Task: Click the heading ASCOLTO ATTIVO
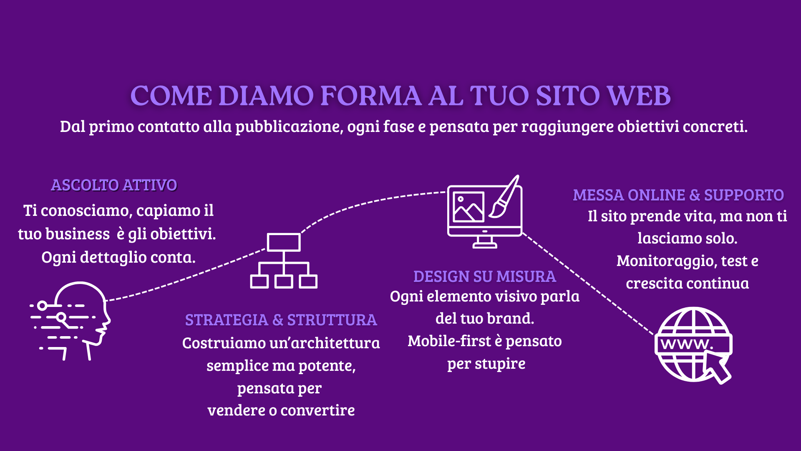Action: point(114,185)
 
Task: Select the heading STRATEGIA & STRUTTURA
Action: point(281,320)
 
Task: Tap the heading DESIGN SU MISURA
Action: point(484,276)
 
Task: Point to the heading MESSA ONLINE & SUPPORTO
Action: point(678,195)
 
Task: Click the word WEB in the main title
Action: point(639,96)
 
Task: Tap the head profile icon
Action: point(71,321)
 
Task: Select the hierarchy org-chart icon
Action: point(284,261)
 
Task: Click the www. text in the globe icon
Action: point(687,344)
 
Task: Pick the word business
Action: point(78,234)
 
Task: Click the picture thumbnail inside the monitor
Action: point(469,207)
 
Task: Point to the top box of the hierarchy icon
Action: point(284,242)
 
